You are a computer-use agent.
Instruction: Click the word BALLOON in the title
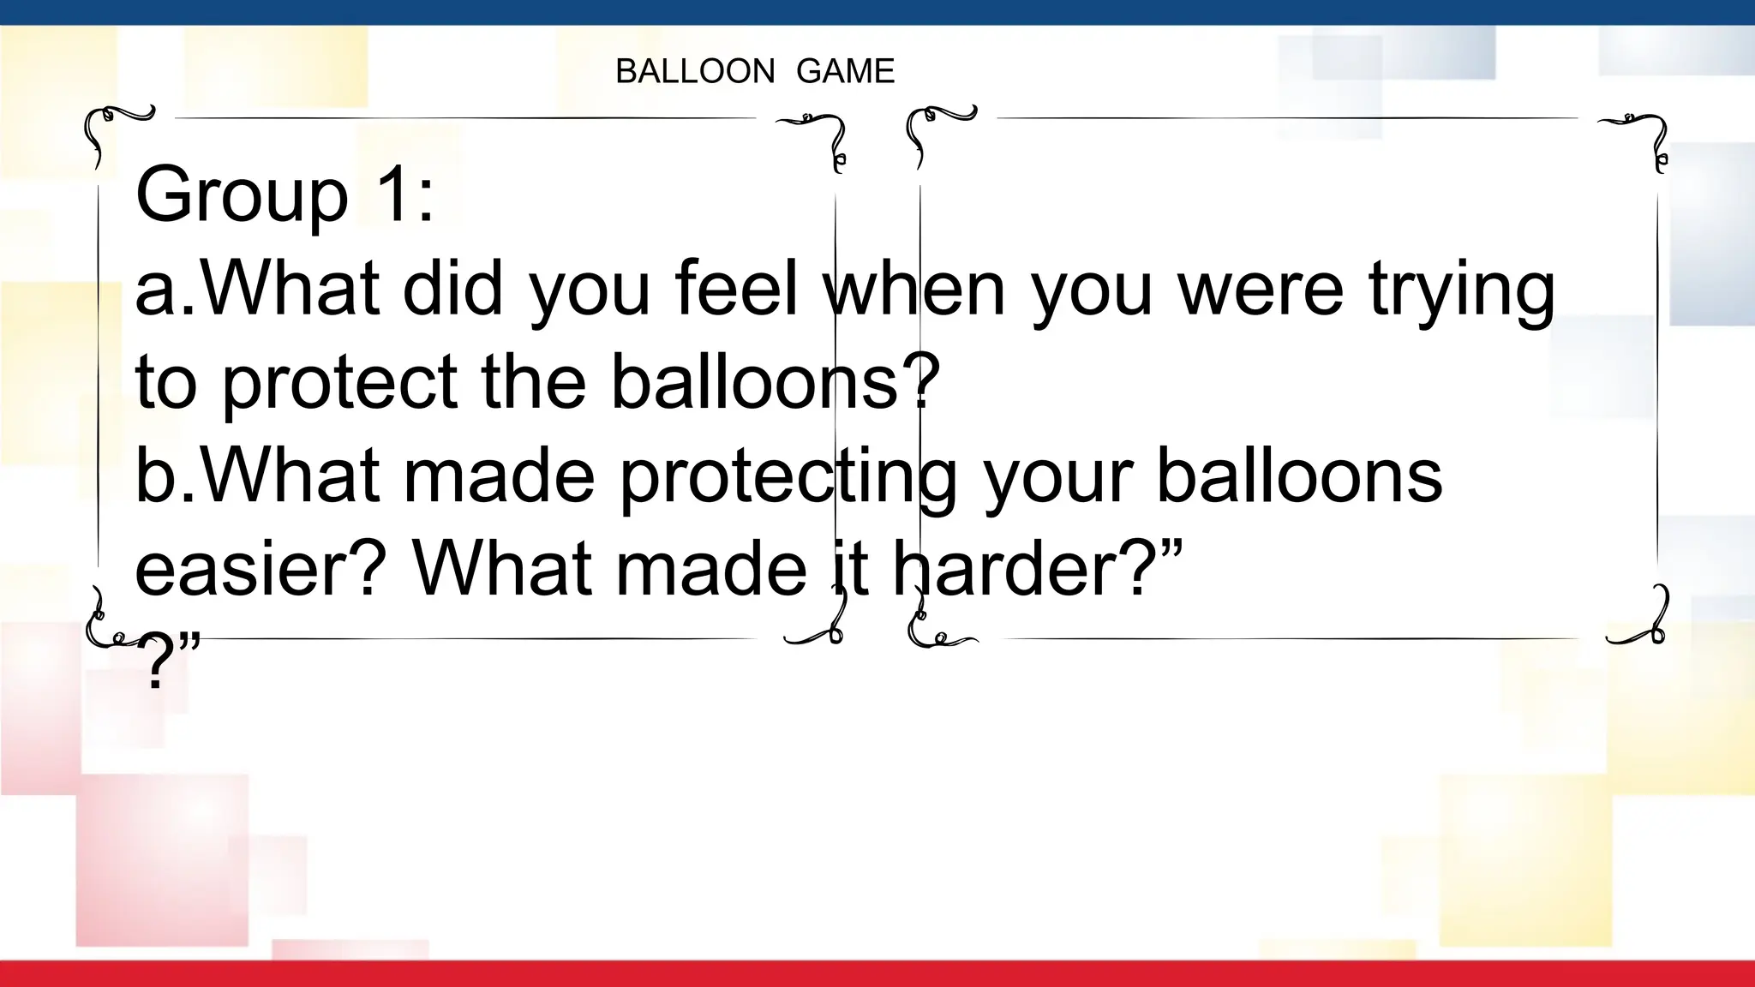coord(695,71)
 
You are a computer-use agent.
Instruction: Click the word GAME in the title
coord(845,71)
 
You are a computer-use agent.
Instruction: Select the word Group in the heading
coord(242,195)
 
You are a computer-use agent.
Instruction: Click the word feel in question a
coord(736,289)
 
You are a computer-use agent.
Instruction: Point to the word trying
coord(1461,291)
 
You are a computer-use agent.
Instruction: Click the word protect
coord(340,383)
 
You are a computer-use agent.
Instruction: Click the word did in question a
coord(452,289)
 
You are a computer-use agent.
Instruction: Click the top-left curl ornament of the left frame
coord(111,129)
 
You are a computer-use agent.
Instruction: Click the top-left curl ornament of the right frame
coord(933,129)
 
